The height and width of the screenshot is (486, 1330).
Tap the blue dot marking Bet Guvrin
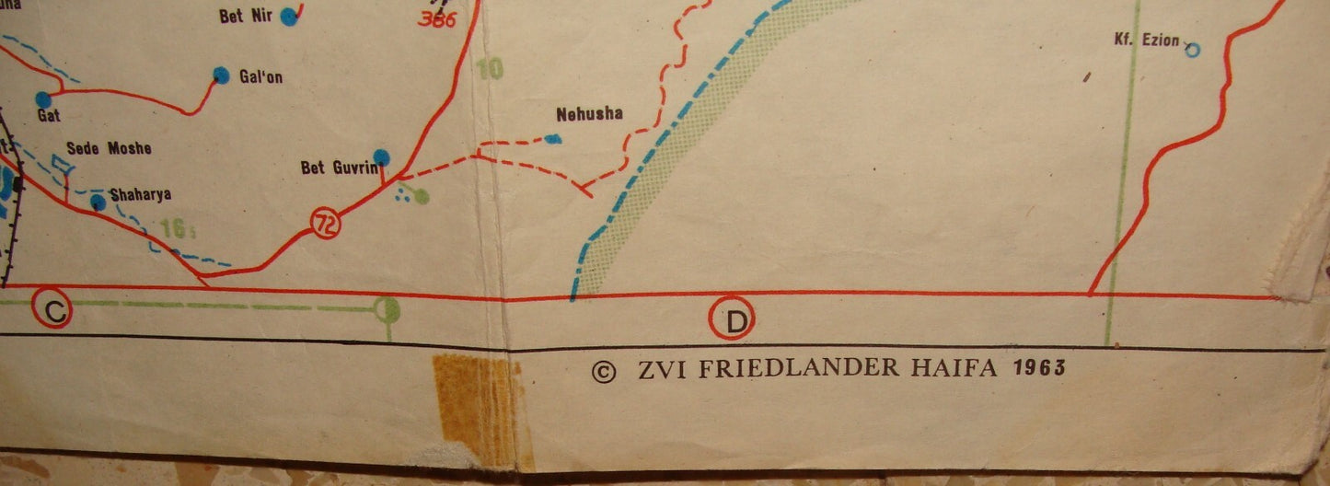pyautogui.click(x=381, y=157)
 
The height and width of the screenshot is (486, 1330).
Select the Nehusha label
pyautogui.click(x=589, y=114)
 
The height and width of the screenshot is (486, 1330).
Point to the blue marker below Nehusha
pyautogui.click(x=552, y=139)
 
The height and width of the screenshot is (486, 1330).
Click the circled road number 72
pyautogui.click(x=325, y=223)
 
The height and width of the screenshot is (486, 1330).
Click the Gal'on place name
pyautogui.click(x=260, y=77)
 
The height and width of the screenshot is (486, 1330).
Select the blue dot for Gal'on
pyautogui.click(x=221, y=74)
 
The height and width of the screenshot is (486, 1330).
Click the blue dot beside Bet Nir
pyautogui.click(x=290, y=15)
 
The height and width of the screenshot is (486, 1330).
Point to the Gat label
pyautogui.click(x=49, y=116)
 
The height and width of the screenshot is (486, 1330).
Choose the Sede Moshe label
pyautogui.click(x=109, y=148)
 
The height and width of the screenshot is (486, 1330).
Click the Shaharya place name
pyautogui.click(x=140, y=194)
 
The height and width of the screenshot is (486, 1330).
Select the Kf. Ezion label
pyautogui.click(x=1146, y=40)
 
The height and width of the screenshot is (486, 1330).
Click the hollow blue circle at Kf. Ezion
pyautogui.click(x=1193, y=50)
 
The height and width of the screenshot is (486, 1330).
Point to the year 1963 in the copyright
pyautogui.click(x=1038, y=368)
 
